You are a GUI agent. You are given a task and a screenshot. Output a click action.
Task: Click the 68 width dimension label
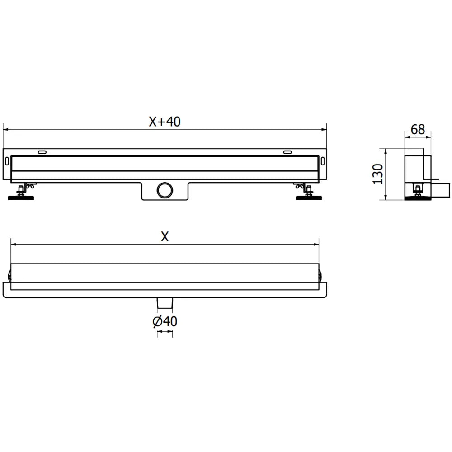coord(418,130)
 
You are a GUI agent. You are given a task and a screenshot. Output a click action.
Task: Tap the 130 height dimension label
coord(378,174)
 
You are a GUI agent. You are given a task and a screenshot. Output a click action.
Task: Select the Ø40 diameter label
coord(165,321)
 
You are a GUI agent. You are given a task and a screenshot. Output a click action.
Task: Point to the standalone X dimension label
coord(165,236)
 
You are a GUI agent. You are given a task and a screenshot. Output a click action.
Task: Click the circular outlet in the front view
coord(165,190)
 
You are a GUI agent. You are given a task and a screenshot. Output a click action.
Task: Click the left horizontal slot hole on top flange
coord(42,152)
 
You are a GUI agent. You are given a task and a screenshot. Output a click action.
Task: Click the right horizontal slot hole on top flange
coord(287,152)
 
